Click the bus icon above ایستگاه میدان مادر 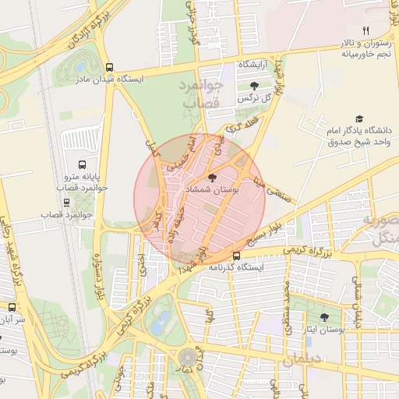(x=109, y=68)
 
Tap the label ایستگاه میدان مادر (x=108, y=79)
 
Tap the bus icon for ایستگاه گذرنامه (x=237, y=256)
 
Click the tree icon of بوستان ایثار (x=324, y=317)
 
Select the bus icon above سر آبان (x=12, y=308)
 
